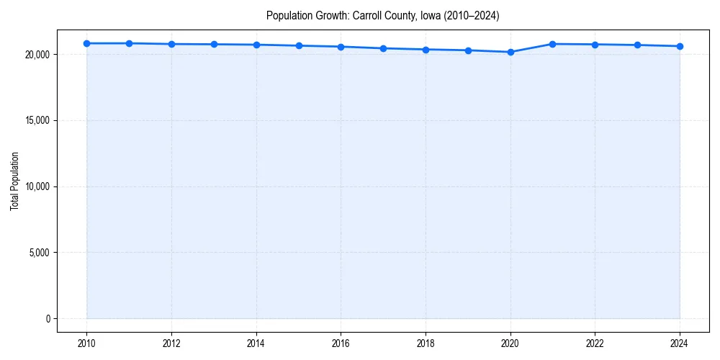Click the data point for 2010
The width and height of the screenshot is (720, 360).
(86, 43)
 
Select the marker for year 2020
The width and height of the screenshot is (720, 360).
(510, 52)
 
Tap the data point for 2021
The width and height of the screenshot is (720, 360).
(552, 44)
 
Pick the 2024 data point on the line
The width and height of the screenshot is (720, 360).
(680, 46)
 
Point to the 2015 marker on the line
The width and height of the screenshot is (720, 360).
(299, 45)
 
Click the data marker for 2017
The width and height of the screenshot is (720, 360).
(383, 48)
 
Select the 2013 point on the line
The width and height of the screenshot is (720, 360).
(214, 44)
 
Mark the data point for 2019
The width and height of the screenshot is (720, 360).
(468, 50)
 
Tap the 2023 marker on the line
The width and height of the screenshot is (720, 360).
(637, 45)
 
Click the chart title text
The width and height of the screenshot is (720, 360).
(382, 15)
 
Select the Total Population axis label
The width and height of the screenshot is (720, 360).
(14, 181)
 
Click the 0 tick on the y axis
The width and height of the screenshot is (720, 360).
(47, 319)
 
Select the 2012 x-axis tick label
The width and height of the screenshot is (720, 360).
(171, 343)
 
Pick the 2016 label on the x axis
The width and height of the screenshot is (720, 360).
(341, 343)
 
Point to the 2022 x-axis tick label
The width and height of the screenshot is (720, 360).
(595, 343)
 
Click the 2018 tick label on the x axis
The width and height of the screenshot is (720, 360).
(426, 343)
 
